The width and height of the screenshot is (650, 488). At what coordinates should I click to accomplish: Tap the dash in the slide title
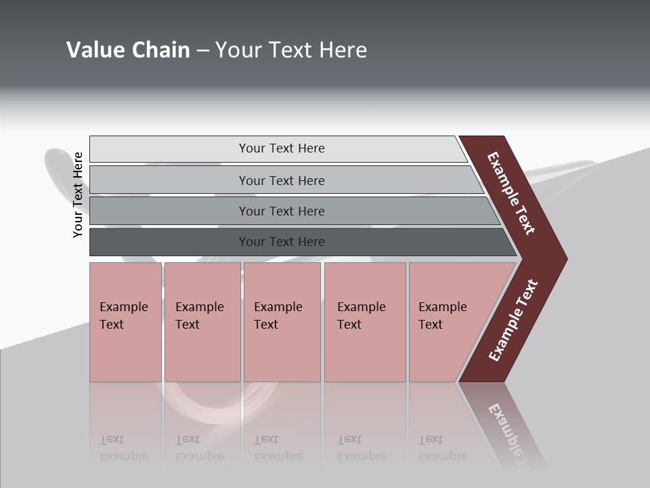(x=202, y=50)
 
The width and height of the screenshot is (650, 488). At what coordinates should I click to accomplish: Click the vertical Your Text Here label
(x=78, y=195)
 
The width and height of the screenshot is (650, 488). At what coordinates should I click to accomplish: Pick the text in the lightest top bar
(x=282, y=148)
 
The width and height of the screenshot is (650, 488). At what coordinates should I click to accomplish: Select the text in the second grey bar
(x=282, y=181)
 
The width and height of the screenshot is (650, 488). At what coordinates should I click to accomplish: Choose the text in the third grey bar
(x=282, y=211)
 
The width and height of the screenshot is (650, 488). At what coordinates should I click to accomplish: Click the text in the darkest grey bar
(x=282, y=242)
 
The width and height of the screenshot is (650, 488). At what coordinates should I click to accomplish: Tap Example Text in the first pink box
(x=123, y=316)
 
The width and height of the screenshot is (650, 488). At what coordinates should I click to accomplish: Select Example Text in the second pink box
(x=199, y=316)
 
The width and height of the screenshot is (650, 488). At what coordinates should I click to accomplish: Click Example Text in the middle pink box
(x=278, y=316)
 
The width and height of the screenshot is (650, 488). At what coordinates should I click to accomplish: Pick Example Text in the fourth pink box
(x=361, y=316)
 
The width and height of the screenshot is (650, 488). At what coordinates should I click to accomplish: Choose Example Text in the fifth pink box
(x=442, y=316)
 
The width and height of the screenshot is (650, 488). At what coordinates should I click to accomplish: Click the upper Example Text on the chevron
(x=511, y=193)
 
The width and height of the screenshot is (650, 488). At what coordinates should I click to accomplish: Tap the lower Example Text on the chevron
(x=513, y=321)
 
